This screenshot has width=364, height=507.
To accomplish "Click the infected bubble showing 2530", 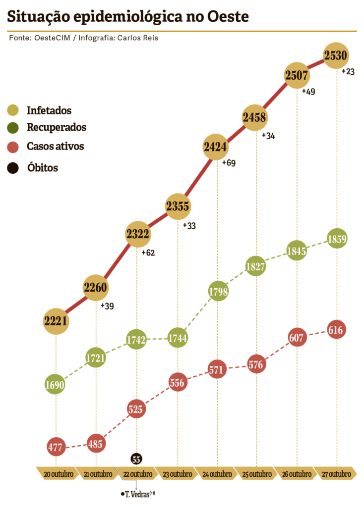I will coord(336,55).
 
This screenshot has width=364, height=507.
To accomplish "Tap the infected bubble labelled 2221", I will coord(55,321).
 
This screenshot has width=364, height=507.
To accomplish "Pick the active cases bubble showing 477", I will coord(55,448).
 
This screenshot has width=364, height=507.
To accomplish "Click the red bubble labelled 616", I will coord(336,330).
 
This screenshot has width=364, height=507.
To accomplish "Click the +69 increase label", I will coord(229,163).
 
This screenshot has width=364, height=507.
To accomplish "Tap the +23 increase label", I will coord(348,72).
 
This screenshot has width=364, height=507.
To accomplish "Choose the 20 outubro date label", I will coord(58,474).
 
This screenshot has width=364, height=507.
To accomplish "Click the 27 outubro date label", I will coord(336,474).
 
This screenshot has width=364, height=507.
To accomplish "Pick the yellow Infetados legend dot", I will coord(13,110).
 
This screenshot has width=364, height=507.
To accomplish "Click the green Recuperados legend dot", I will coord(13,128).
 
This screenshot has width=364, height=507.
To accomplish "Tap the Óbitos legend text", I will coord(43,168).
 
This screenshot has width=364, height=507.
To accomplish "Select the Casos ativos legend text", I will coord(56,147).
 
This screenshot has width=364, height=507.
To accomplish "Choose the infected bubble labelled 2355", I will coord(178,206).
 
